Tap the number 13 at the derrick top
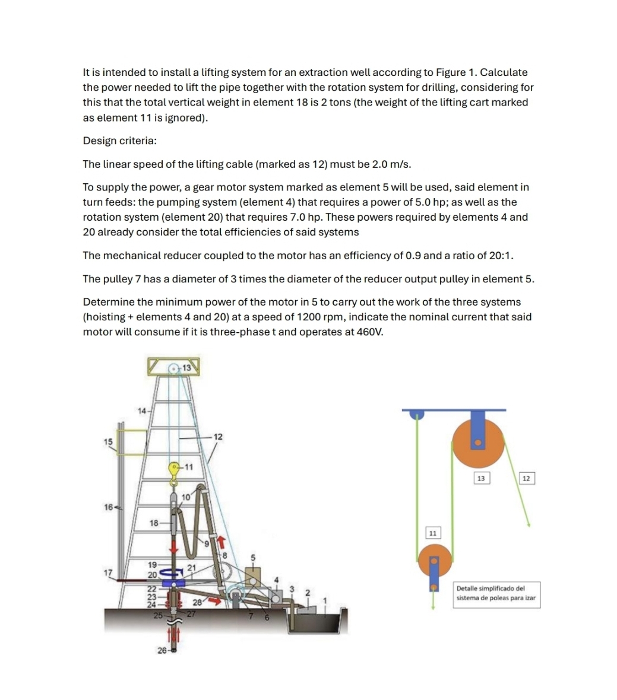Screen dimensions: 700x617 pyautogui.click(x=186, y=368)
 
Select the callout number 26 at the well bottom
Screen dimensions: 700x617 pyautogui.click(x=162, y=651)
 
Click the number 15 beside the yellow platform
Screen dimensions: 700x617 pyautogui.click(x=107, y=441)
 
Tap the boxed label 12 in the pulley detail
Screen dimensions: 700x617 pyautogui.click(x=527, y=478)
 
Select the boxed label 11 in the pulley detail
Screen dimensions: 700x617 pyautogui.click(x=433, y=533)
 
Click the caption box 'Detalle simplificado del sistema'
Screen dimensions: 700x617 pyautogui.click(x=496, y=593)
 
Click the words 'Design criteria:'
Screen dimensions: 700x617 pyautogui.click(x=119, y=141)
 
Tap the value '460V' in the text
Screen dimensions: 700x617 pyautogui.click(x=369, y=332)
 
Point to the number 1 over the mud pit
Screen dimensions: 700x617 pyautogui.click(x=325, y=600)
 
